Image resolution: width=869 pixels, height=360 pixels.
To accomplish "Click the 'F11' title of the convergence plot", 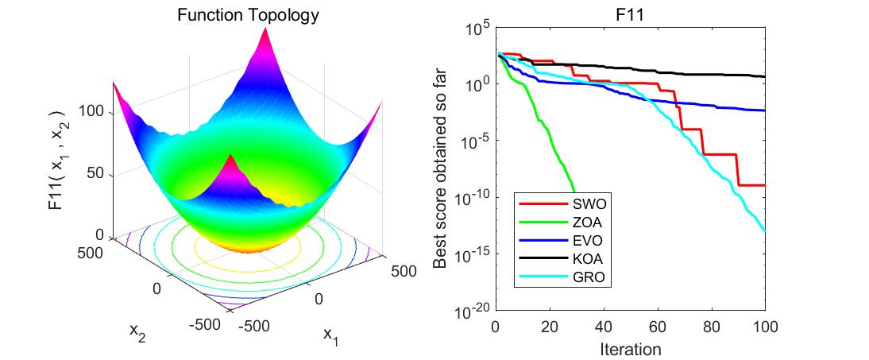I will (630, 14).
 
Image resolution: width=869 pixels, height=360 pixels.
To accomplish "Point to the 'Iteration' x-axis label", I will (630, 348).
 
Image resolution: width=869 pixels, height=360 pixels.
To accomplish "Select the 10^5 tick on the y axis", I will (478, 29).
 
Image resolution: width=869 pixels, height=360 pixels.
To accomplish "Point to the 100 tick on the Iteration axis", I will (764, 327).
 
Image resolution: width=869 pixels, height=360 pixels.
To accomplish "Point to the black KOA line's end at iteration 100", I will (764, 76).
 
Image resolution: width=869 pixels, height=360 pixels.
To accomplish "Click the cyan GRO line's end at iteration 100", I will (764, 231).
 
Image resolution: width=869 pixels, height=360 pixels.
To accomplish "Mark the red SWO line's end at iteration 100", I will (764, 185).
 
